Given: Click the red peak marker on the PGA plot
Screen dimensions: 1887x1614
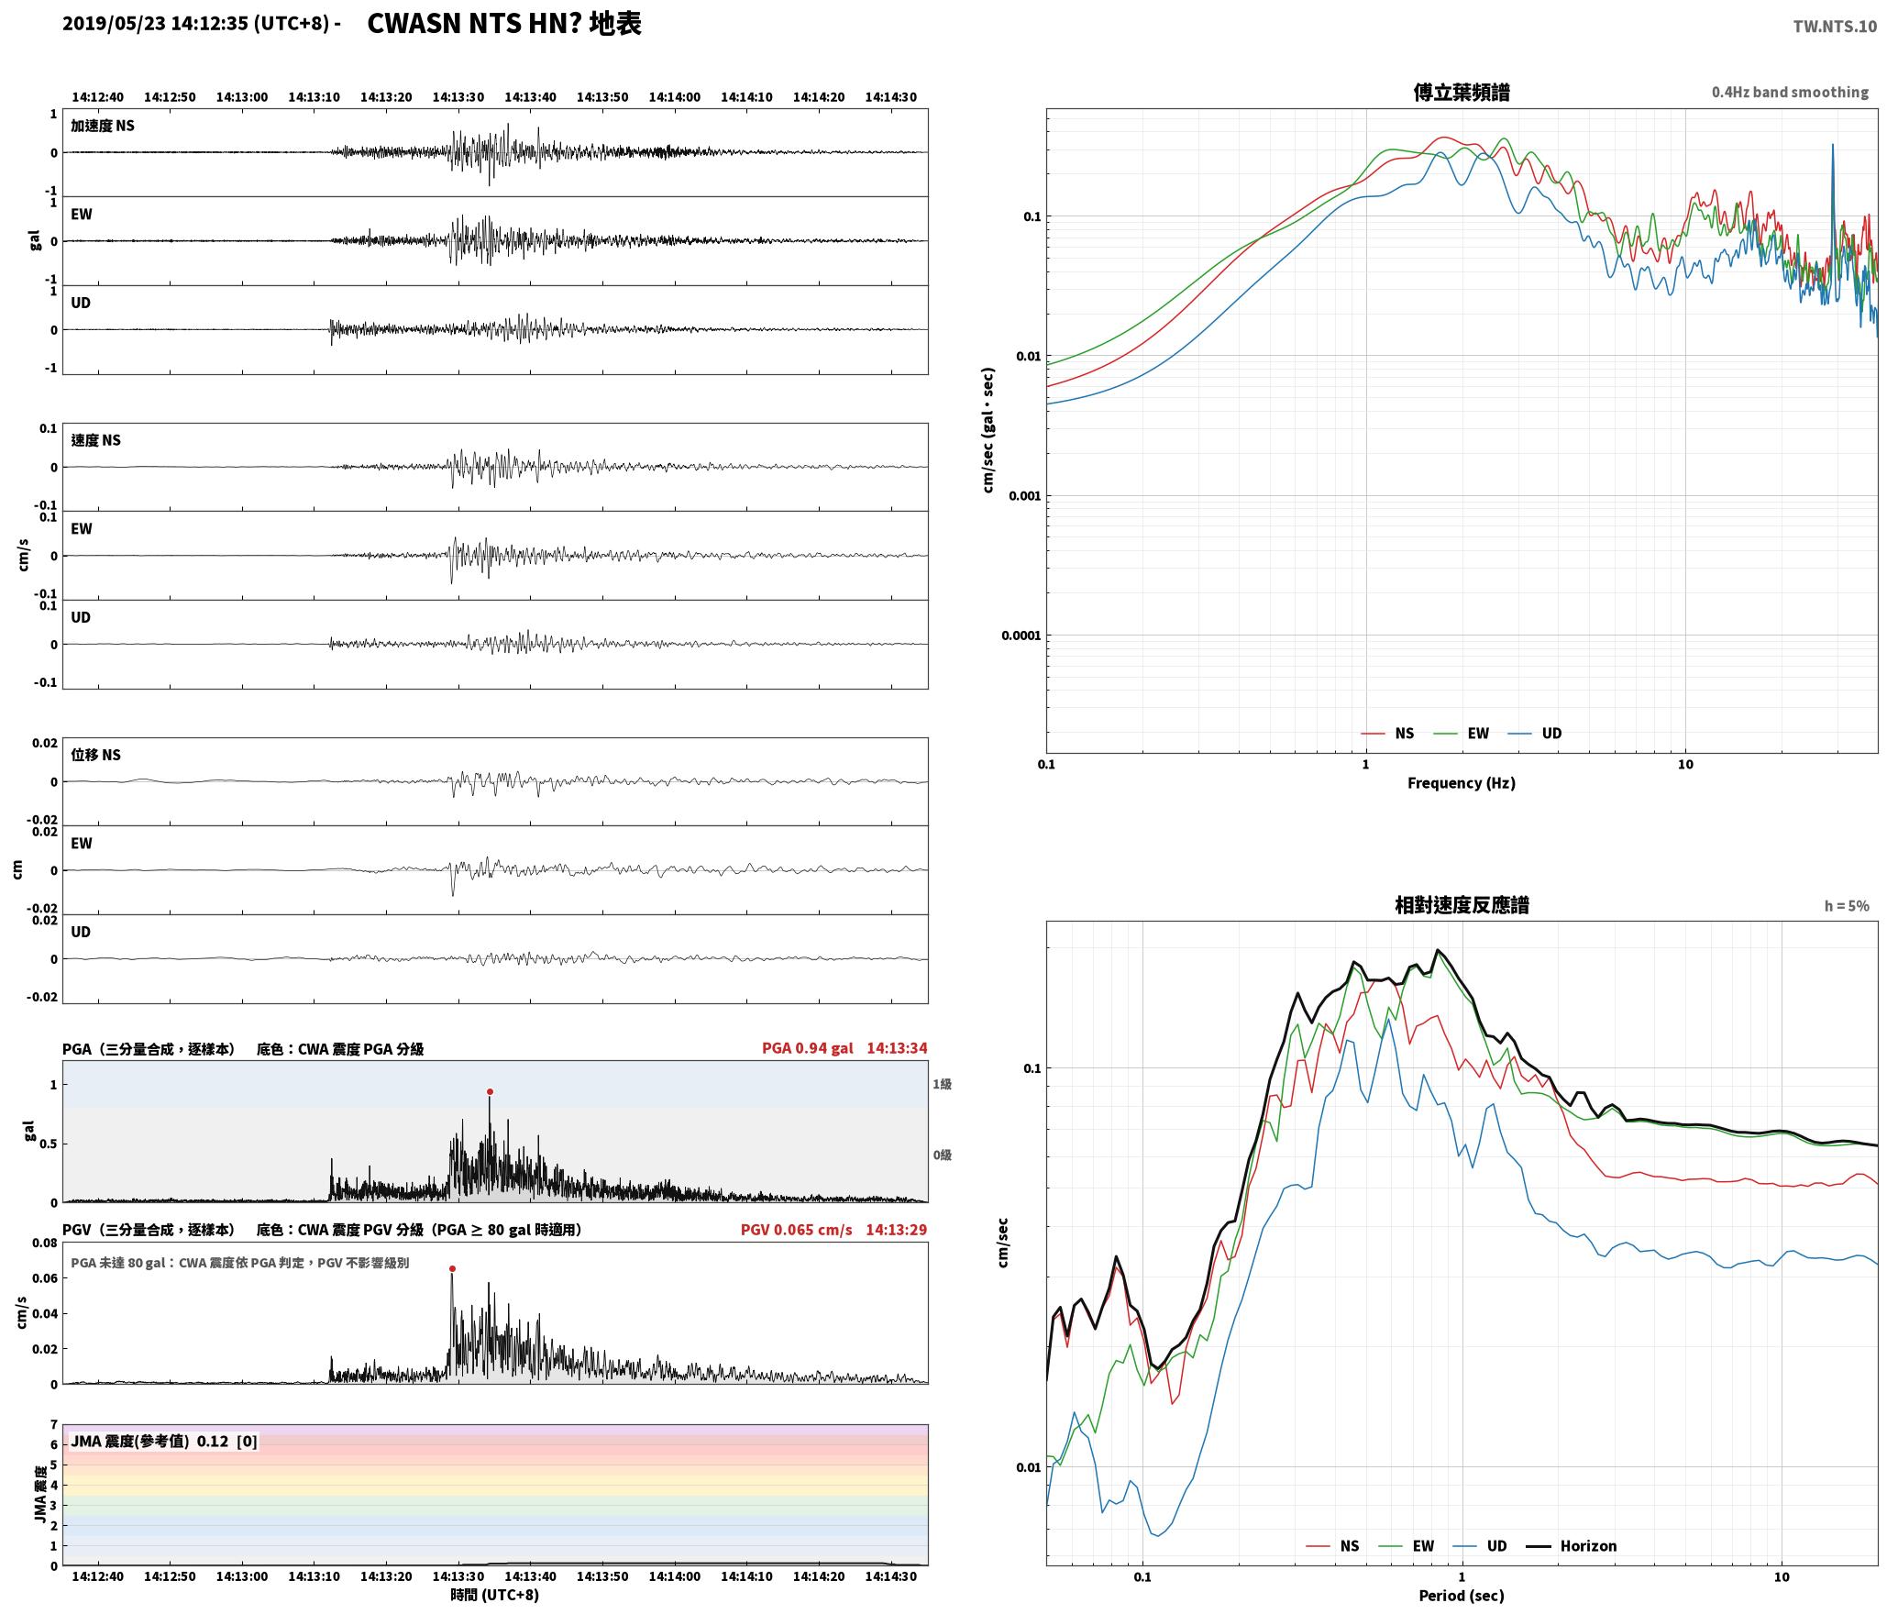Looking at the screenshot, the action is (x=490, y=1091).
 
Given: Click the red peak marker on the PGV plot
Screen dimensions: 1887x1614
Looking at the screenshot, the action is (x=452, y=1269).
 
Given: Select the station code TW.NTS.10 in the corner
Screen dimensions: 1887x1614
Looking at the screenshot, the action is (x=1835, y=27).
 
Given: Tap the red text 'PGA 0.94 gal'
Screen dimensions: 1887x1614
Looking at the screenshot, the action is (x=807, y=1048).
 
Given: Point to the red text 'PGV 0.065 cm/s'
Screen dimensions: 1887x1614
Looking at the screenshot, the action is (x=796, y=1230).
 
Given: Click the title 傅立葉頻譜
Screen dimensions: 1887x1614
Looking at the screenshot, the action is (x=1462, y=93).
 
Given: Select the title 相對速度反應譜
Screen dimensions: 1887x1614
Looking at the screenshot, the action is (x=1462, y=905).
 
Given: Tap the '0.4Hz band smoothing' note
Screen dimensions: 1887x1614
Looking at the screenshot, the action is (x=1790, y=93).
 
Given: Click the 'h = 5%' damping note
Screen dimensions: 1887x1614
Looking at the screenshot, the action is (x=1847, y=906).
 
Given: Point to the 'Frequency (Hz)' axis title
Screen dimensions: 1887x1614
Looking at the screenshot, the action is (x=1462, y=783).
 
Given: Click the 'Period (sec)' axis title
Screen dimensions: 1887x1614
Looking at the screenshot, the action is (x=1462, y=1596).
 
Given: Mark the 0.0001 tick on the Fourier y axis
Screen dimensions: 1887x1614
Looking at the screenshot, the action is (x=1019, y=636).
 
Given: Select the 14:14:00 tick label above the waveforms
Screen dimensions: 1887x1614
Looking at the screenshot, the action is (x=674, y=97).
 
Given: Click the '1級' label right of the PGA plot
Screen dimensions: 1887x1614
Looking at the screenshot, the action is (x=943, y=1084).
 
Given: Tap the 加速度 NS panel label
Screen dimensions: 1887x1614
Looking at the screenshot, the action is (x=103, y=126).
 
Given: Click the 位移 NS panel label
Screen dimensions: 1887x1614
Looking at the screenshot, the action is (x=95, y=755).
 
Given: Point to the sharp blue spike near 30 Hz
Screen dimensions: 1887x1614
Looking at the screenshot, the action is (x=1833, y=183).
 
